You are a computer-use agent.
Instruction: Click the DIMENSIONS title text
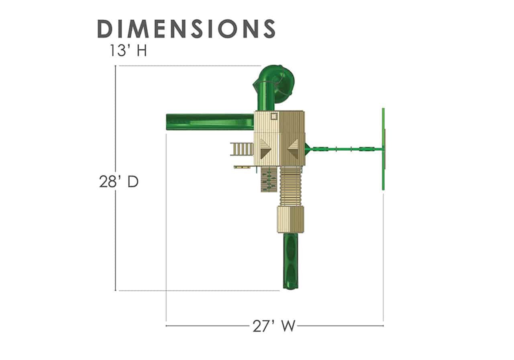(x=186, y=29)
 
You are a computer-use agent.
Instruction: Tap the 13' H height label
(x=128, y=51)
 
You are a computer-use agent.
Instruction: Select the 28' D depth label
(x=118, y=182)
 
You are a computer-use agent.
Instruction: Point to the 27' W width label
(x=273, y=326)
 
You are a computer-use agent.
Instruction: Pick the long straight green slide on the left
(x=210, y=122)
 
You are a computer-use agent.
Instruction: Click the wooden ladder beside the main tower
(x=242, y=149)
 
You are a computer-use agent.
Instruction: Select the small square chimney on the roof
(x=274, y=116)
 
